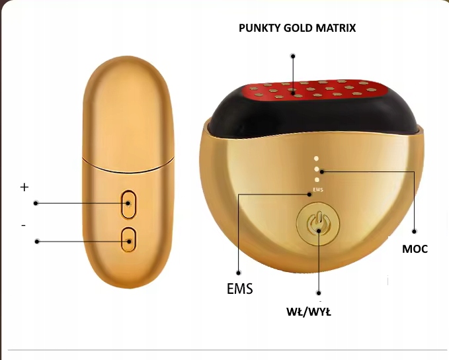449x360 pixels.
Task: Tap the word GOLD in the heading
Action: (x=299, y=28)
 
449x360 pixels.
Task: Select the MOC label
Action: (x=415, y=249)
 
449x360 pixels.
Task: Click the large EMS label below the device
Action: (x=239, y=289)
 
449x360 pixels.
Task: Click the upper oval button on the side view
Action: (x=128, y=204)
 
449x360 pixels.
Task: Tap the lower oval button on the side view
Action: (x=128, y=240)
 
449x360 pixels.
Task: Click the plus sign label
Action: (x=24, y=187)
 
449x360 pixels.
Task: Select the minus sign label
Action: (x=24, y=226)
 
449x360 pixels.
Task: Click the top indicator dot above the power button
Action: (x=317, y=159)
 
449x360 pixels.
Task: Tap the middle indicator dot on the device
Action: (x=317, y=170)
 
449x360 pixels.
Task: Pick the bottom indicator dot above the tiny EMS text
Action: (x=317, y=181)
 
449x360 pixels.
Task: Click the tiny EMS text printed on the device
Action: (x=318, y=191)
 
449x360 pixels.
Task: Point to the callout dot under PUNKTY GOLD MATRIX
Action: (x=293, y=56)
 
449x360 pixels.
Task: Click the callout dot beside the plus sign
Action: (x=36, y=203)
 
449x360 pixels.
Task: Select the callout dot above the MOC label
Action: (x=415, y=231)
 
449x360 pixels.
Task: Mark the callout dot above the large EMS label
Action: (x=237, y=269)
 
